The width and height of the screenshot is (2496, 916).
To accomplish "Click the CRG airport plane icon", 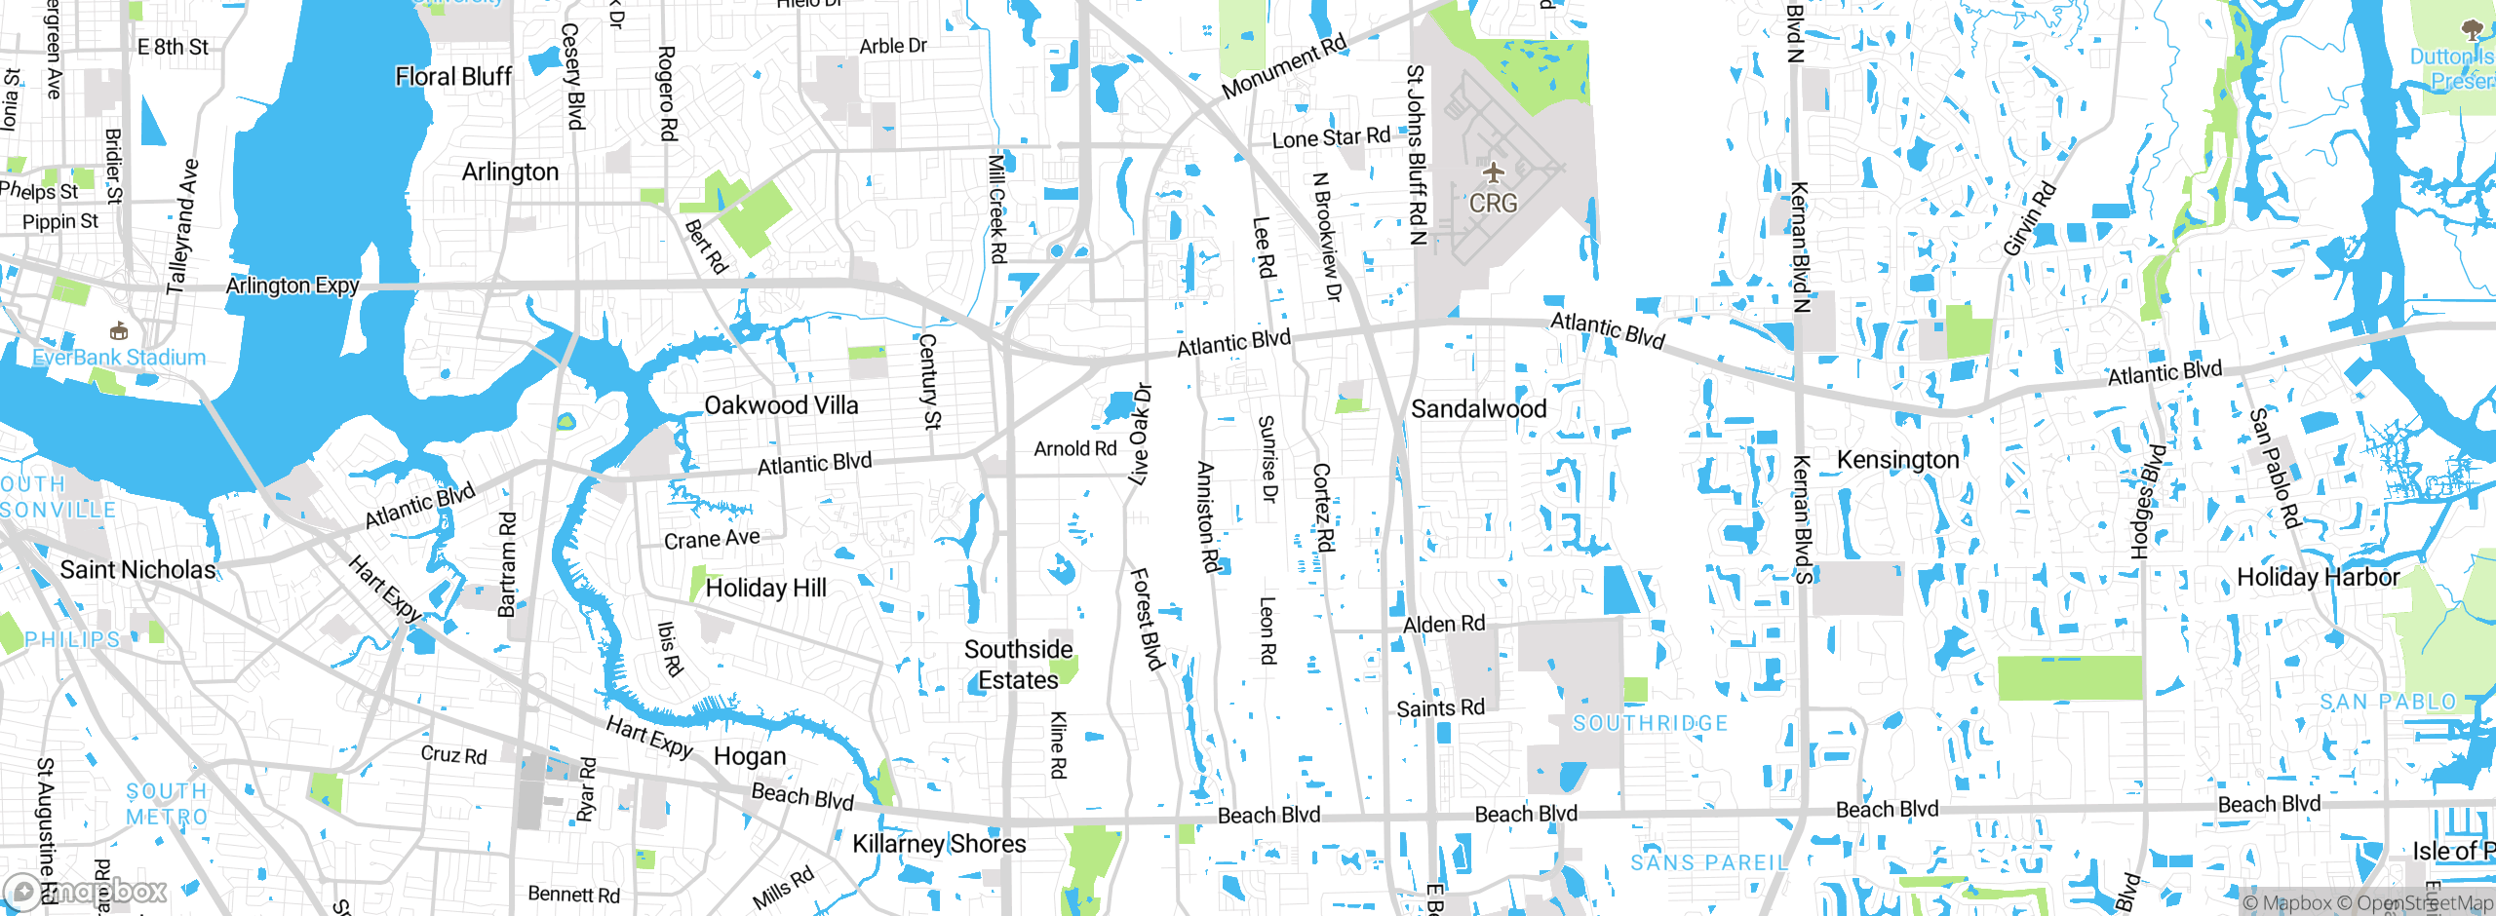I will pos(1493,173).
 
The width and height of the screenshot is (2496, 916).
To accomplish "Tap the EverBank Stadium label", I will pos(119,358).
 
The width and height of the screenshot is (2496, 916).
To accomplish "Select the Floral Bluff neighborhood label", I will pos(453,77).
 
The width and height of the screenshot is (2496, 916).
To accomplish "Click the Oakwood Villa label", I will pos(781,405).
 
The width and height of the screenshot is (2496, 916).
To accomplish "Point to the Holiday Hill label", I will pos(765,588).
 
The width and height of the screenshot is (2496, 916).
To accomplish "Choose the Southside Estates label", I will pos(1018,665).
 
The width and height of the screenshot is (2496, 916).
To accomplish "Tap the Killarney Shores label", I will pos(939,844).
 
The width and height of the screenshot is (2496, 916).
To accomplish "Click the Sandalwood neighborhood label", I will pos(1478,409).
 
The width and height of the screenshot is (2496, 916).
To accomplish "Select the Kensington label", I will pos(1897,460).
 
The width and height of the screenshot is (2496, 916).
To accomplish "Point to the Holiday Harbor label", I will pos(2318,578).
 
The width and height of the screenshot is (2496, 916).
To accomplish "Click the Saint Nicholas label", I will pos(137,570).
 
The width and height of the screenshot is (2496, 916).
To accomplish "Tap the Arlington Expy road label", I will pos(292,286).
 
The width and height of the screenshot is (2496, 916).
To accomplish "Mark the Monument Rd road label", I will pos(1284,66).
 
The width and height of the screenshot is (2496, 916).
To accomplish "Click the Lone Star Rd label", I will pos(1331,138).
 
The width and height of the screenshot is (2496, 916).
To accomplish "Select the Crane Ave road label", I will pos(712,539).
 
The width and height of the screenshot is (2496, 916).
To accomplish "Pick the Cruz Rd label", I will pos(453,754).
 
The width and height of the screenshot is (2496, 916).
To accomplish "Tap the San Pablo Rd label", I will pos(2275,468).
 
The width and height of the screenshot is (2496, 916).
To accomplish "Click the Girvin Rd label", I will pos(2029,219).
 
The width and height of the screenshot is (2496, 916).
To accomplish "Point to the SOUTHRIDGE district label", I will pos(1650,723).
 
